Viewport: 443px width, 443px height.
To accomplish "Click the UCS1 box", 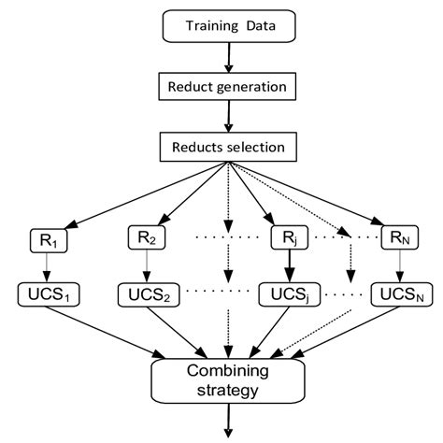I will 44,295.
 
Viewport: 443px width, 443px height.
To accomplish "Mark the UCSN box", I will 399,295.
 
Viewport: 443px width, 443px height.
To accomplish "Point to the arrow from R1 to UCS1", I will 44,266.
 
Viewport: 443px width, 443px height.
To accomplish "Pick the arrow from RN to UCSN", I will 399,266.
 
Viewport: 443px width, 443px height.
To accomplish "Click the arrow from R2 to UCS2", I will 144,266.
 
